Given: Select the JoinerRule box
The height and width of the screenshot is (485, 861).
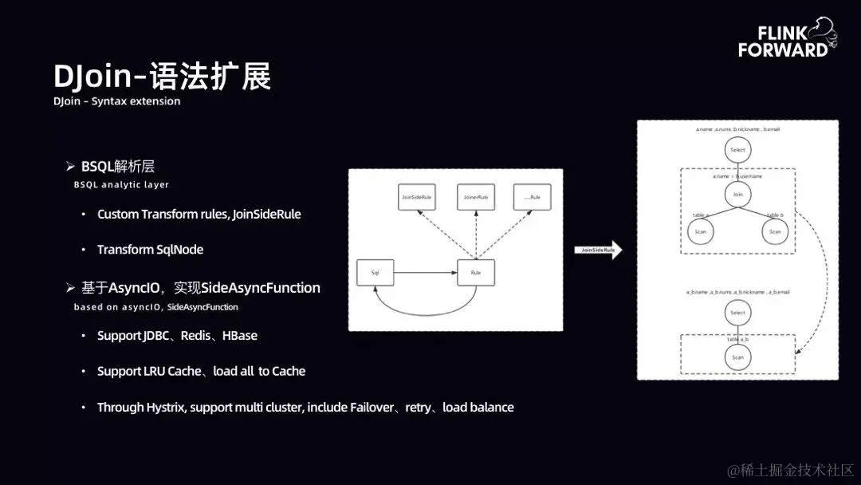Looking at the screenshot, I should (x=476, y=197).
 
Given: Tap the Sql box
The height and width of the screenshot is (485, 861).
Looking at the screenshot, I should (x=375, y=273).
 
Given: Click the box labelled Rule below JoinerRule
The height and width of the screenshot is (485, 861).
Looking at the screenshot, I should (x=476, y=273).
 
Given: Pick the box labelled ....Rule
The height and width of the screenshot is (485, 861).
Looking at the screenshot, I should (x=533, y=197).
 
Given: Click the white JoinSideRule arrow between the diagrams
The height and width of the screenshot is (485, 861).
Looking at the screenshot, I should (x=598, y=250).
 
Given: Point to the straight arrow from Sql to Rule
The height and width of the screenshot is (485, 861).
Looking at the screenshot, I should (x=425, y=273).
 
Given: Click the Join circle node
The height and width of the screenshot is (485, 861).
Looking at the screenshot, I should (x=737, y=193).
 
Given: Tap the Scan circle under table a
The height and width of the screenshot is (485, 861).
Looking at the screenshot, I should (x=701, y=231).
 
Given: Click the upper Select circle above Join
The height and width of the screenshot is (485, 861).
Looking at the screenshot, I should (x=737, y=149).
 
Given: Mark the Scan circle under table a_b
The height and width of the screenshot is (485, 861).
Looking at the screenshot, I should (x=737, y=357).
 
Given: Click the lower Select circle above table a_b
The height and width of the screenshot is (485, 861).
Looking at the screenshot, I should (x=737, y=313).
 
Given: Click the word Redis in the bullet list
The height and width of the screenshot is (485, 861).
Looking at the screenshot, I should (x=196, y=336).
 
